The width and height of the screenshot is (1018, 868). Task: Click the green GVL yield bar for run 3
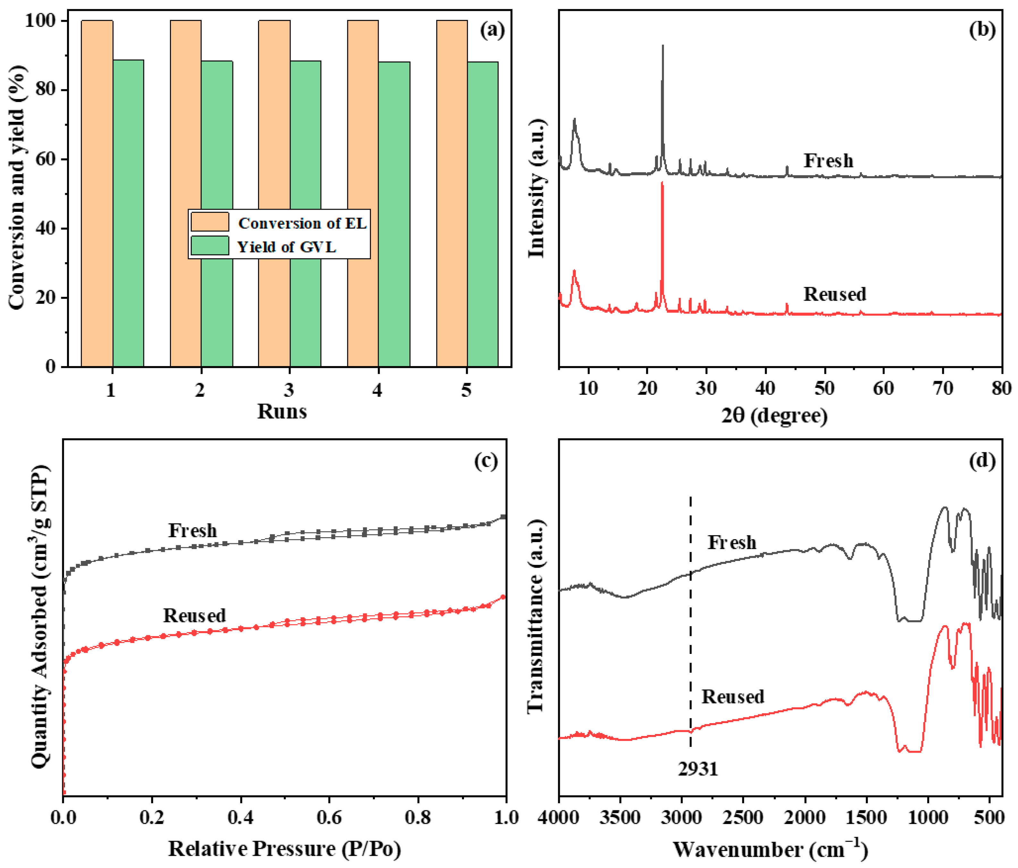pyautogui.click(x=305, y=216)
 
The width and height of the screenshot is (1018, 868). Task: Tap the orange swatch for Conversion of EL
pyautogui.click(x=210, y=222)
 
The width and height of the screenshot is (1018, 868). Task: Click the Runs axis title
pyautogui.click(x=282, y=412)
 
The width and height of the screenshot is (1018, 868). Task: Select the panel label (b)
pyautogui.click(x=982, y=30)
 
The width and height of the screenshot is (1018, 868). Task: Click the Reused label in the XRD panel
pyautogui.click(x=835, y=294)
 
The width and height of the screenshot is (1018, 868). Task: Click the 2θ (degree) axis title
pyautogui.click(x=774, y=416)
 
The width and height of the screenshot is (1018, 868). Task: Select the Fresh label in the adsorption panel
pyautogui.click(x=193, y=530)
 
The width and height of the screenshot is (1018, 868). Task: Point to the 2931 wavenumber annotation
pyautogui.click(x=698, y=769)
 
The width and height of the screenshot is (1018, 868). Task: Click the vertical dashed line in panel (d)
pyautogui.click(x=691, y=638)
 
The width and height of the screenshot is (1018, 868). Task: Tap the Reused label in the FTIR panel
pyautogui.click(x=733, y=697)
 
